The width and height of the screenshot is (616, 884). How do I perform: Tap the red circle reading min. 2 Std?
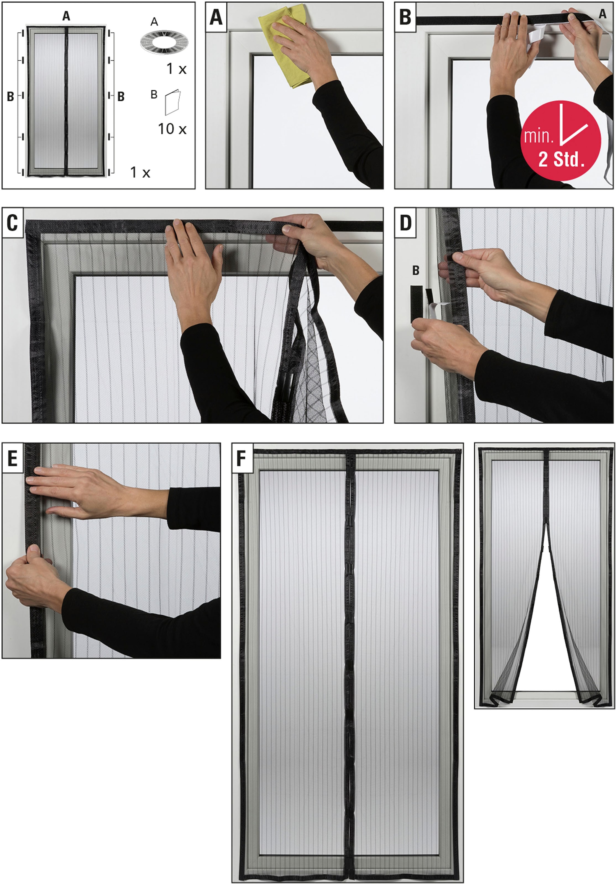[x=560, y=141]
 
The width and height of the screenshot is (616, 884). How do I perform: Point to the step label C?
[x=12, y=223]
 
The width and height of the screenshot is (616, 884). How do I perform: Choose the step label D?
[x=405, y=223]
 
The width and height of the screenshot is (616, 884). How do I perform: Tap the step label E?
[x=12, y=458]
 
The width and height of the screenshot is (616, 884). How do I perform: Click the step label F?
[x=242, y=458]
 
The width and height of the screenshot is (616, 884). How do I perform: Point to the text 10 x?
[x=172, y=129]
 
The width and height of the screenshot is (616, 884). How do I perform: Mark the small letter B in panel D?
[x=416, y=270]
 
